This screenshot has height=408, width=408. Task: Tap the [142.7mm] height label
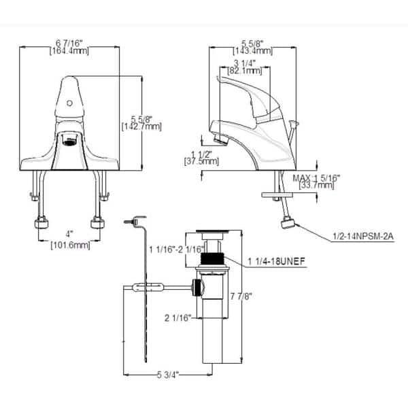click(141, 126)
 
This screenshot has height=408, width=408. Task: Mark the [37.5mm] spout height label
click(201, 162)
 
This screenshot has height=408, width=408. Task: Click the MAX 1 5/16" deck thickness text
click(317, 177)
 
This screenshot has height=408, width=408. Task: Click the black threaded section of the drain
click(216, 259)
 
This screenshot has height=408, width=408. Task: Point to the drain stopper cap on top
click(213, 234)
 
